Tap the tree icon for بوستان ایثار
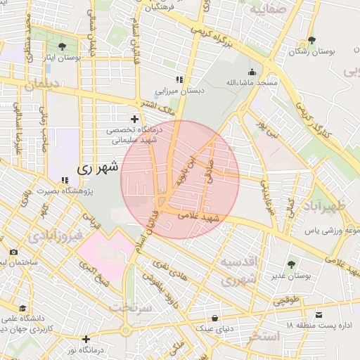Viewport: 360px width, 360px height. [x=63, y=46]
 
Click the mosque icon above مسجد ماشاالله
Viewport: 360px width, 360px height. [x=252, y=71]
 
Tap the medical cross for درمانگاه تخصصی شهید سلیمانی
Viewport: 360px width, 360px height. [x=134, y=119]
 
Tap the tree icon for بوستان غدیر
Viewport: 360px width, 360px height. [x=291, y=264]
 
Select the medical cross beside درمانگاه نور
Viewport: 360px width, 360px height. [x=86, y=339]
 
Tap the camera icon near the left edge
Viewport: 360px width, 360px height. [x=13, y=252]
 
